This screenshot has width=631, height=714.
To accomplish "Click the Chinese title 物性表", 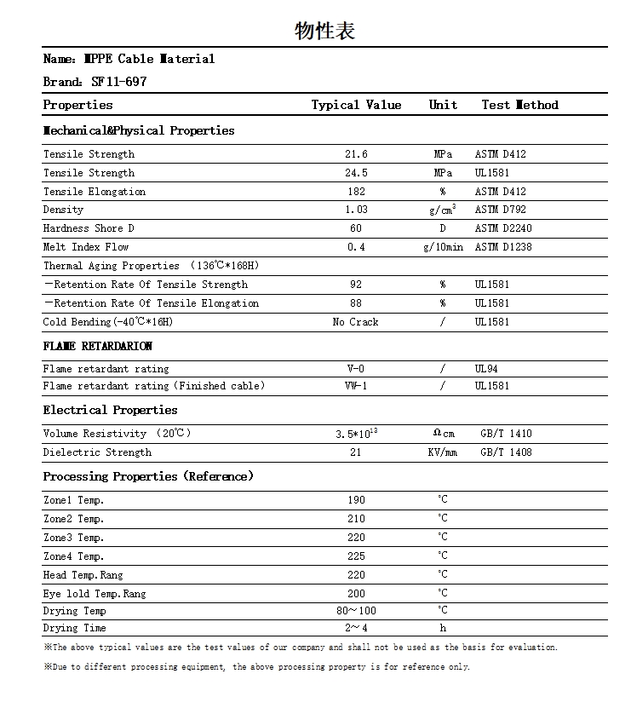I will pos(324,32).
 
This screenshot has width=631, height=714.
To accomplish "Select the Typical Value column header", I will pos(356,105).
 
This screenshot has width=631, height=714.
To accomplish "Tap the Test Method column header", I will pos(519,105).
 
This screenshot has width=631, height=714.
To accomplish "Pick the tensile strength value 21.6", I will pos(356,154).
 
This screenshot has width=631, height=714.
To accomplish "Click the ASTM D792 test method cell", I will pos(501,210).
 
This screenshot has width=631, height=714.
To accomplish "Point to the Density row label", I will pos(64,210).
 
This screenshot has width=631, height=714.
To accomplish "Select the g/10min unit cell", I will pos(443,247).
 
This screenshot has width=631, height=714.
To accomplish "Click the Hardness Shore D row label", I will pos(89,228).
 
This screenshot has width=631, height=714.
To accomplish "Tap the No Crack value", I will pos(356,322).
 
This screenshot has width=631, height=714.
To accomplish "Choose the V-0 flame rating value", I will pos(356,369).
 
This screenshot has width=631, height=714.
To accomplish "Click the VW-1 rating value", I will pos(356,386).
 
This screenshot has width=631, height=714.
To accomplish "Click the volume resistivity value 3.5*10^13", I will pos(356,434).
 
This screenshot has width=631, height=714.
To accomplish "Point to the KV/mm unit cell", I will pos(443,452).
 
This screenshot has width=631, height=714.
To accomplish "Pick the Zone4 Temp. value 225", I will pos(356,556).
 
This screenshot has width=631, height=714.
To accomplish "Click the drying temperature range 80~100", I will pos(356,611).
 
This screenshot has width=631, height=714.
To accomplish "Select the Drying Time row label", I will pos(75,628).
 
